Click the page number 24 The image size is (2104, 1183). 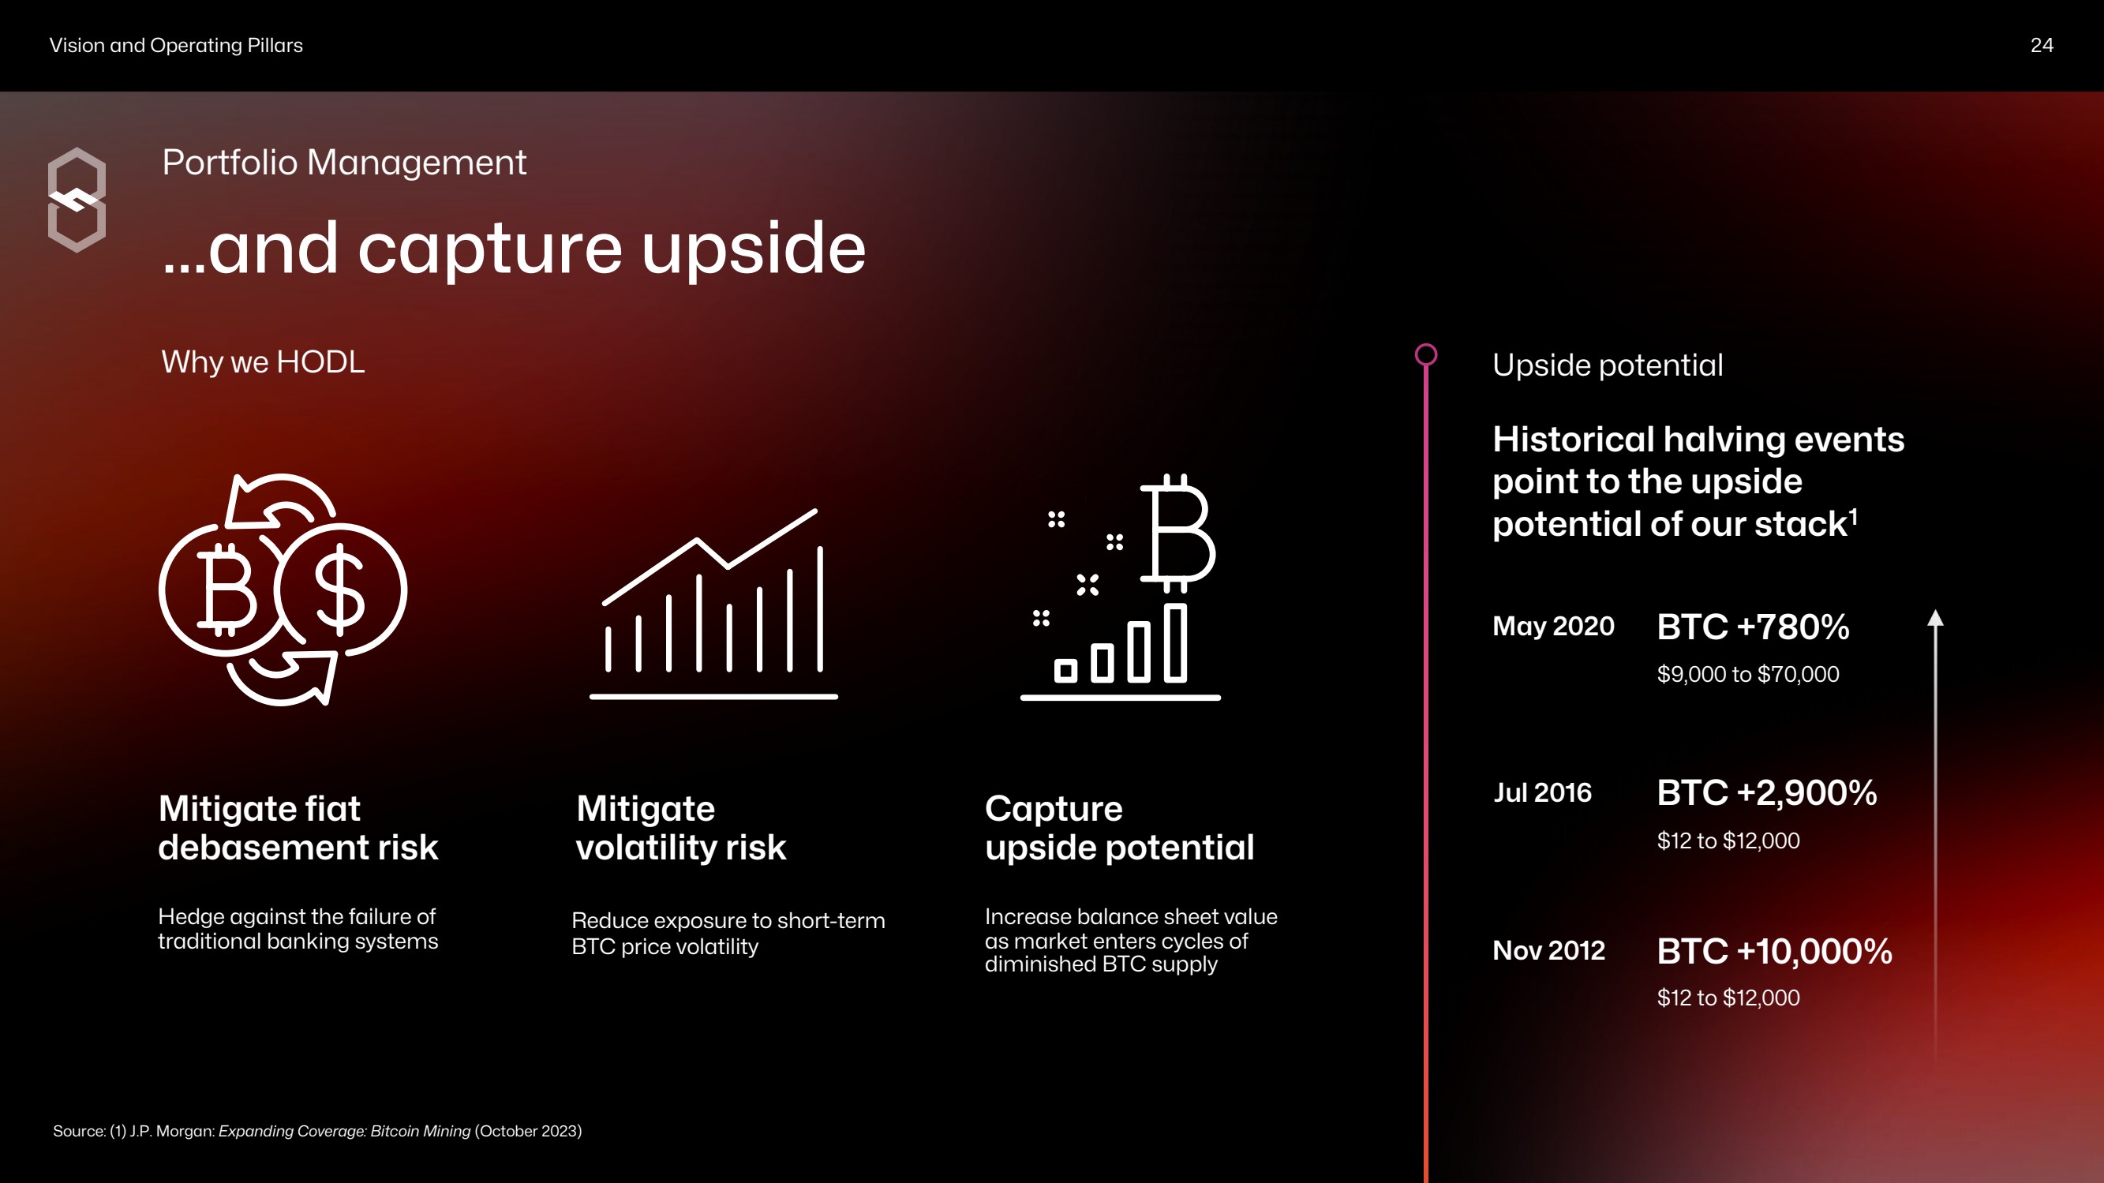pyautogui.click(x=2041, y=45)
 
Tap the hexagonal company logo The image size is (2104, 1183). pyautogui.click(x=77, y=200)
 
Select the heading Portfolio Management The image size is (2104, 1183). pyautogui.click(x=344, y=163)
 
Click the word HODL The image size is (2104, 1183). pyautogui.click(x=320, y=362)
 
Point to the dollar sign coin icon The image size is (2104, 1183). pyautogui.click(x=342, y=590)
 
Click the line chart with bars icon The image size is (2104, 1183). pyautogui.click(x=714, y=604)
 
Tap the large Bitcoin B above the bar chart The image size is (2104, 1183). pyautogui.click(x=1177, y=533)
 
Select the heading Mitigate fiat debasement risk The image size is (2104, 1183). pyautogui.click(x=298, y=828)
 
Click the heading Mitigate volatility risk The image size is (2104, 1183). pyautogui.click(x=681, y=828)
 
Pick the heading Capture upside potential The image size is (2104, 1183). pyautogui.click(x=1119, y=828)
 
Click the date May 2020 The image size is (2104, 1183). pyautogui.click(x=1552, y=627)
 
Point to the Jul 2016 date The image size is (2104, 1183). pyautogui.click(x=1542, y=792)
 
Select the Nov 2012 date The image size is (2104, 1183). pyautogui.click(x=1548, y=950)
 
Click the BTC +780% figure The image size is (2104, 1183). pyautogui.click(x=1753, y=627)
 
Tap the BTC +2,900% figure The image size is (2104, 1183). pyautogui.click(x=1767, y=793)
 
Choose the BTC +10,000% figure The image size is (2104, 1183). pyautogui.click(x=1774, y=952)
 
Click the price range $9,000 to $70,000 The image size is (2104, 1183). pyautogui.click(x=1748, y=675)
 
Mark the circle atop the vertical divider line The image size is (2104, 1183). pyautogui.click(x=1426, y=354)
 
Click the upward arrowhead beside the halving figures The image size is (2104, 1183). pyautogui.click(x=1935, y=618)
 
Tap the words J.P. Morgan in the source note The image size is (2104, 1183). pyautogui.click(x=172, y=1132)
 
